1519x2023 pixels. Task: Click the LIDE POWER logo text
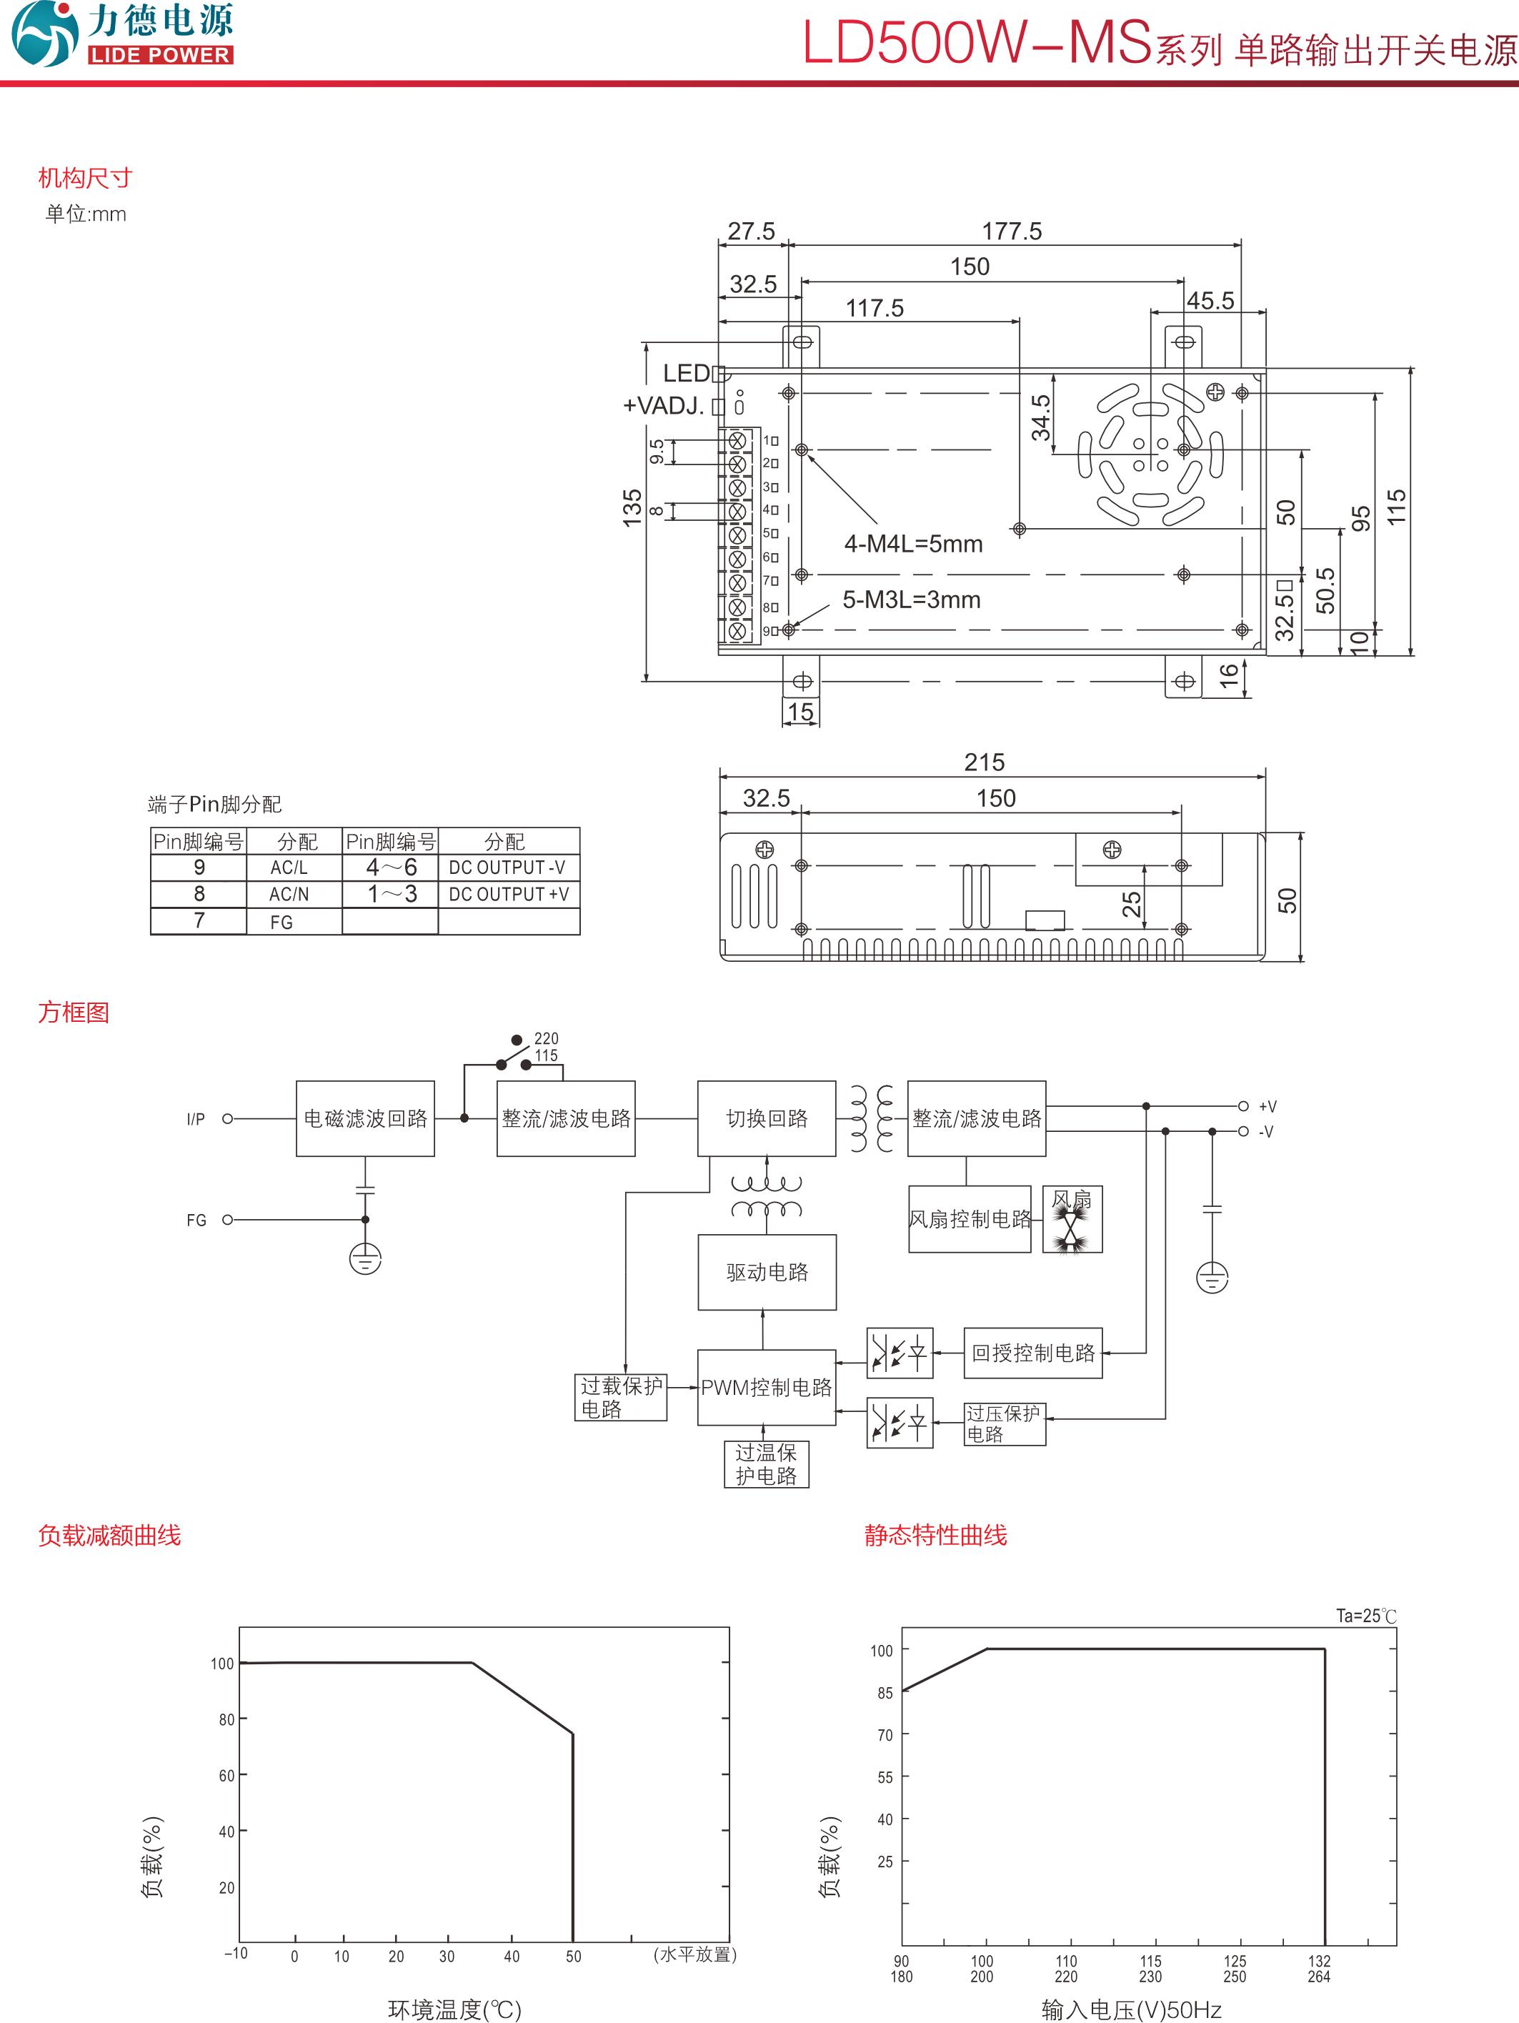[160, 55]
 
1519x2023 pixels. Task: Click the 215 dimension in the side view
[984, 762]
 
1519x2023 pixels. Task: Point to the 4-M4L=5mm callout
[912, 545]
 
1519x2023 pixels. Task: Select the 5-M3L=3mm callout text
[911, 600]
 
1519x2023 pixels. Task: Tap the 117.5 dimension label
[875, 308]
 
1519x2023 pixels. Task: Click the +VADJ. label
[663, 406]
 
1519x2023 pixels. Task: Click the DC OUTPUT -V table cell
[507, 867]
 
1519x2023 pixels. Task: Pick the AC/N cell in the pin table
[289, 895]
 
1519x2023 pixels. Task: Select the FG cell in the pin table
[282, 922]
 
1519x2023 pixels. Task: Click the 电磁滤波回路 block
[365, 1118]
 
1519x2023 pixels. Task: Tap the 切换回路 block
[767, 1118]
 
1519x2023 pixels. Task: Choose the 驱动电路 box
[767, 1272]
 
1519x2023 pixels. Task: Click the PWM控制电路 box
[767, 1388]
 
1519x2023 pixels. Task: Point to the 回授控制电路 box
[1032, 1353]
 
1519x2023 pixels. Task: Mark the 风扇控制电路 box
[970, 1219]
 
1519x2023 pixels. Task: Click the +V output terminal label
[1268, 1107]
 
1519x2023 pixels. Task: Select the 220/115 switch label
[546, 1047]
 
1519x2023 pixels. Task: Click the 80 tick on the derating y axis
[226, 1719]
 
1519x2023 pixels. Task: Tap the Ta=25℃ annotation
[1365, 1616]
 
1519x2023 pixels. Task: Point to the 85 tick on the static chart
[885, 1693]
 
